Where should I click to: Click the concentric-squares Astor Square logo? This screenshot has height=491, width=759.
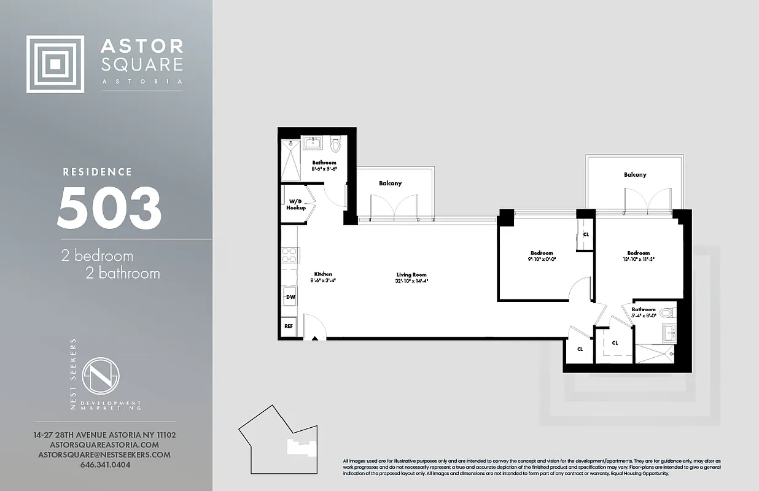click(55, 64)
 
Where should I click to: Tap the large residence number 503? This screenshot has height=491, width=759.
click(109, 207)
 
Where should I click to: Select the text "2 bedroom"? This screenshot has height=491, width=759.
click(97, 255)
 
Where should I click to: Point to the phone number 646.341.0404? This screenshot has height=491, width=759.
click(105, 465)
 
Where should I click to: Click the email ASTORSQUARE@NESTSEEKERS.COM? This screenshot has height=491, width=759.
click(104, 455)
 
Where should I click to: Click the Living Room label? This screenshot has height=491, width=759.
click(411, 275)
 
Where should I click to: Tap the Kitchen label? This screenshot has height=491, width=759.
click(323, 274)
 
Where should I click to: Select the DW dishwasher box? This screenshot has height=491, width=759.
click(290, 297)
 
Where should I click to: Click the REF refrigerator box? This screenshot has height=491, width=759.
click(289, 326)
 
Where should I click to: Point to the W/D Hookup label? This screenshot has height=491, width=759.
click(295, 204)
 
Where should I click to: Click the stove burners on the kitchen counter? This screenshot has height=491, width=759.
click(290, 255)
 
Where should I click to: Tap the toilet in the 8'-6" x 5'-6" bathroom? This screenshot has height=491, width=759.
click(335, 145)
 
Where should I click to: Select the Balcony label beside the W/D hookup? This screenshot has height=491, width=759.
click(390, 184)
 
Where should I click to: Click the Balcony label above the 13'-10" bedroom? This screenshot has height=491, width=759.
click(635, 175)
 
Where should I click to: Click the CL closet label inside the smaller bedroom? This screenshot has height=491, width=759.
click(586, 234)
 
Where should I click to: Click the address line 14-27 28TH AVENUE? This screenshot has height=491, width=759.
click(104, 435)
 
